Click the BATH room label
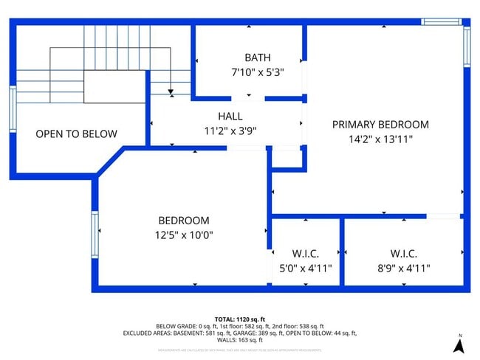click(257, 58)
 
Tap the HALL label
click(230, 117)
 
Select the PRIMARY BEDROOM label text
click(380, 125)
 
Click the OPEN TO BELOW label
click(76, 134)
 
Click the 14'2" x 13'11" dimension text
click(380, 139)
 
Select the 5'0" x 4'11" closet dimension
click(306, 269)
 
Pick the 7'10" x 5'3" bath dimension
click(257, 72)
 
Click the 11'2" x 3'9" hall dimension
click(230, 131)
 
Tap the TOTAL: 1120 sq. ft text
click(240, 318)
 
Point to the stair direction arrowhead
click(171, 93)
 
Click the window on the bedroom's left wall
click(95, 235)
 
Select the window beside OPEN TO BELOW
click(13, 109)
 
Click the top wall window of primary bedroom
click(441, 22)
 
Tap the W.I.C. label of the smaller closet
click(306, 254)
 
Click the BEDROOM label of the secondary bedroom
click(184, 221)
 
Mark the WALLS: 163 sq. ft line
click(240, 340)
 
